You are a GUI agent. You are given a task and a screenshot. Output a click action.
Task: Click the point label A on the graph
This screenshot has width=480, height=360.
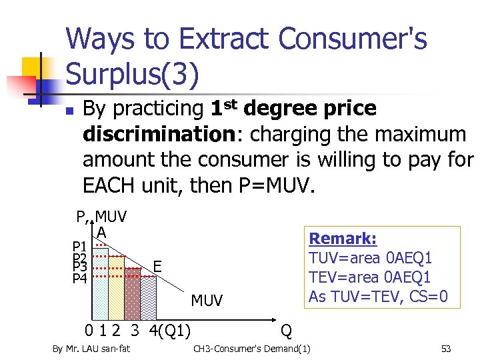pyautogui.click(x=101, y=232)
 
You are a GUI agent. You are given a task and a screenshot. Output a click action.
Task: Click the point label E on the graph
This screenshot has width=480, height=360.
pyautogui.click(x=157, y=266)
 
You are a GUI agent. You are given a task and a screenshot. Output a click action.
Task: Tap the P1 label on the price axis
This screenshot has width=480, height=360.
pyautogui.click(x=80, y=247)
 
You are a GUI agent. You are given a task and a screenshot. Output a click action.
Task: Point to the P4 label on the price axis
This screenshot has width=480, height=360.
pyautogui.click(x=80, y=278)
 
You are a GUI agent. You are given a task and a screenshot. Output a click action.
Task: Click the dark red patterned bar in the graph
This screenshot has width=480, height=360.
pyautogui.click(x=133, y=293)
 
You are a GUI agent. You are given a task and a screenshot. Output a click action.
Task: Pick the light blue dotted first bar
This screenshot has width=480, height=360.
pyautogui.click(x=100, y=283)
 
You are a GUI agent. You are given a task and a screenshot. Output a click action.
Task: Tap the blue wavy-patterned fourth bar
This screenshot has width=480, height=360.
pyautogui.click(x=148, y=298)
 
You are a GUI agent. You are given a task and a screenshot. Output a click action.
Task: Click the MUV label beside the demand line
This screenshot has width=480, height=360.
pyautogui.click(x=207, y=301)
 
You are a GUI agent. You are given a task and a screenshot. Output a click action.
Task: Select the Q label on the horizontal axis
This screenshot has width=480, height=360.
pyautogui.click(x=286, y=329)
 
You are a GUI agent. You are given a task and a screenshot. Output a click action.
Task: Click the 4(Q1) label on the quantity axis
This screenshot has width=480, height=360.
pyautogui.click(x=169, y=329)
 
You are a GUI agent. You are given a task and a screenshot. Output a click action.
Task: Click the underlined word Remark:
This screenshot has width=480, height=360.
pyautogui.click(x=343, y=239)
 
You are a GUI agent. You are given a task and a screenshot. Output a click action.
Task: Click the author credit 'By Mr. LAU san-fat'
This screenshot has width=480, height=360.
pyautogui.click(x=92, y=349)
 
